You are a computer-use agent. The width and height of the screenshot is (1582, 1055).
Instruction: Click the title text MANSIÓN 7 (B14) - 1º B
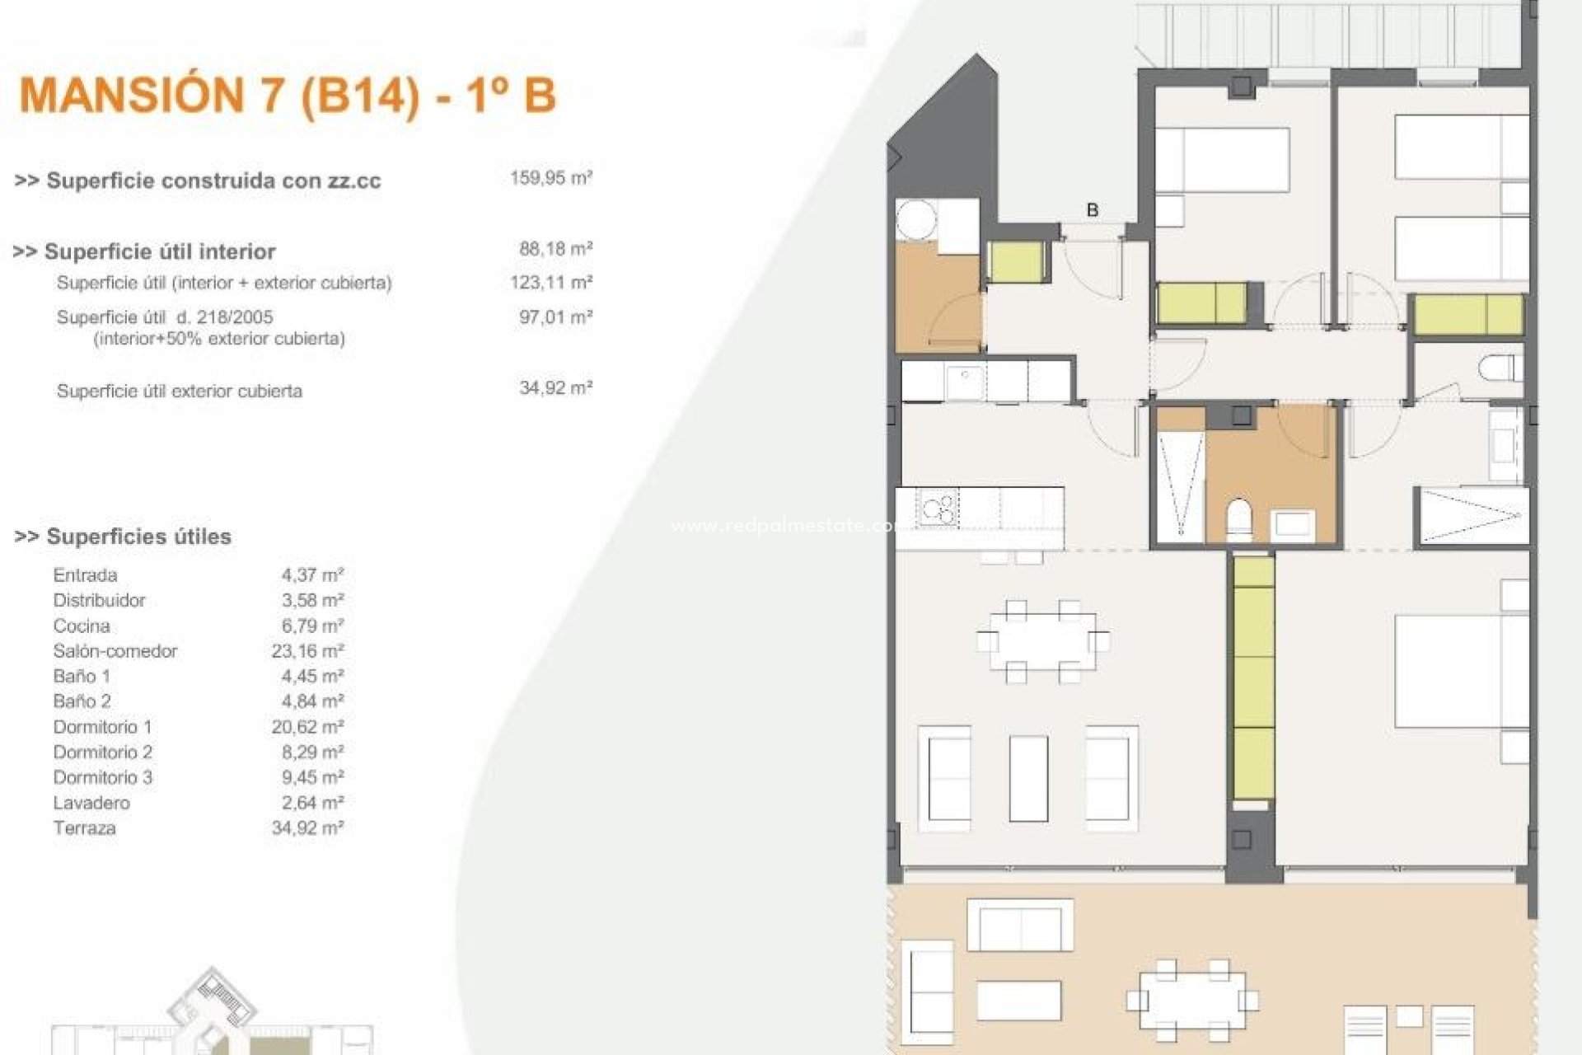click(288, 96)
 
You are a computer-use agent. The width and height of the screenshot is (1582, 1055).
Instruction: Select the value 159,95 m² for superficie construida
click(550, 178)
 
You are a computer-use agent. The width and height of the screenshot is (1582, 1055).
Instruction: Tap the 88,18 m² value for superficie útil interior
click(555, 248)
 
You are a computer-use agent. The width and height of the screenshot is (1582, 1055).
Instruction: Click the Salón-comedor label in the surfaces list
click(115, 651)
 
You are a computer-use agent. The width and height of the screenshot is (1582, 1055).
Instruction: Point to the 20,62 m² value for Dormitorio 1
click(307, 727)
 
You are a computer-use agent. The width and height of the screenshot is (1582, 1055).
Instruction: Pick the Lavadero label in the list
click(91, 803)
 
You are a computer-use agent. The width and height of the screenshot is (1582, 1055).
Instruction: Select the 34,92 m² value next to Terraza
click(307, 828)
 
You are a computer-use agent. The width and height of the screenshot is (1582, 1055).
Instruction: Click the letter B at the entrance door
click(1093, 210)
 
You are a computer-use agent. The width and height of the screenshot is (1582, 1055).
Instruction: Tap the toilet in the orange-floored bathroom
click(1238, 519)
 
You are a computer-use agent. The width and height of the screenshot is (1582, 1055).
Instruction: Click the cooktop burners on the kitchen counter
click(939, 508)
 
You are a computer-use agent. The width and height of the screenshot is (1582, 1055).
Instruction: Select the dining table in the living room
click(1042, 641)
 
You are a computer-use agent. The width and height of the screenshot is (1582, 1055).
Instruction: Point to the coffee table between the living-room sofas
click(1029, 778)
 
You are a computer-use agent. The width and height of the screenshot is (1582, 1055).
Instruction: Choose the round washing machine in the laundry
click(916, 221)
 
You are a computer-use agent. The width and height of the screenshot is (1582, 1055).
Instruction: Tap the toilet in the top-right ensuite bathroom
click(1498, 368)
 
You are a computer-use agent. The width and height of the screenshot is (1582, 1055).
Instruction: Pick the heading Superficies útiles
click(123, 537)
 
